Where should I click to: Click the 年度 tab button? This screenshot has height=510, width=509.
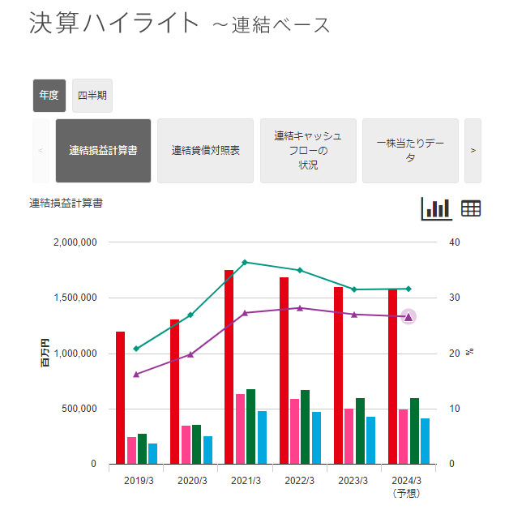click(x=49, y=96)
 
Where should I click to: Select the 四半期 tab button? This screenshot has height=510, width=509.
click(x=92, y=96)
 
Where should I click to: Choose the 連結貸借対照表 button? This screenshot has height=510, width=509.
click(x=206, y=151)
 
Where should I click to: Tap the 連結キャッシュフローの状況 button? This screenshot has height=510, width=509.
click(x=308, y=151)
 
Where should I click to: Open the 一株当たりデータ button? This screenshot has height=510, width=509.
click(x=410, y=151)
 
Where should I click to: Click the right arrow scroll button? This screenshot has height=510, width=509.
click(x=473, y=151)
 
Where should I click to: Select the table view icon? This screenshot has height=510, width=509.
click(x=471, y=208)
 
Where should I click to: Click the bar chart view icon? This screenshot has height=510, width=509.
click(x=437, y=208)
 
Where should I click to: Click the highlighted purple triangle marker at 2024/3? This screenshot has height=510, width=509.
click(x=408, y=317)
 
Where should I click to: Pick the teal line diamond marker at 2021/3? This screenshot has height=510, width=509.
click(x=245, y=262)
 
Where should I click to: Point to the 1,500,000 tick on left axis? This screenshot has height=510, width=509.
click(x=75, y=298)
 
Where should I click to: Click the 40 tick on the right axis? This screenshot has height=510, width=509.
click(x=456, y=242)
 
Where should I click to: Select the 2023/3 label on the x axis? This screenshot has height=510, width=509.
click(x=354, y=481)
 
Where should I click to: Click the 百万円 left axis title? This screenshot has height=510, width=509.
click(x=46, y=354)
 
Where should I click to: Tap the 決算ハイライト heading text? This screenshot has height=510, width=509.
click(x=113, y=23)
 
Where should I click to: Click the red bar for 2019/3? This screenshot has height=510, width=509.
click(x=120, y=397)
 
